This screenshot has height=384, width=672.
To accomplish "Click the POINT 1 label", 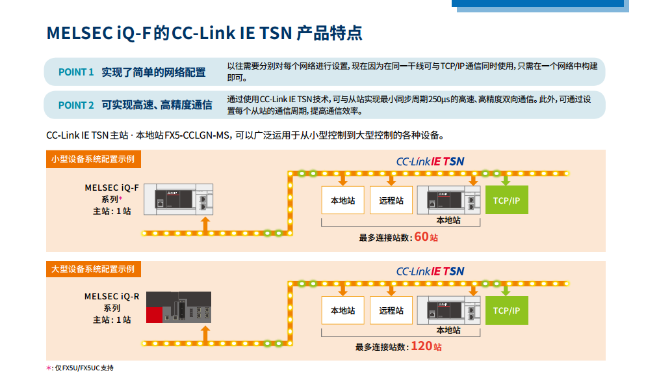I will (x=76, y=72).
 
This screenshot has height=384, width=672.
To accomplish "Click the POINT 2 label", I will (x=76, y=105).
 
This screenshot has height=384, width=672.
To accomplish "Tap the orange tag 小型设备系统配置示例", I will (x=93, y=159).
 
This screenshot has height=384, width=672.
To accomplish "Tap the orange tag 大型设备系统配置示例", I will (x=93, y=269).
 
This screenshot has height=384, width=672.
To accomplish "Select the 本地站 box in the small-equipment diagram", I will (x=342, y=200).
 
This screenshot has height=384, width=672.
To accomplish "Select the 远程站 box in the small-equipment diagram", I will (x=391, y=200).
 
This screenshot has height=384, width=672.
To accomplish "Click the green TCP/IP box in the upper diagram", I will (x=506, y=200).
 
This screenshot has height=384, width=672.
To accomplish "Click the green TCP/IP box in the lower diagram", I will (x=506, y=310).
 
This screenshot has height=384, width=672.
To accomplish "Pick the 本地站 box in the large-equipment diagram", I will (x=342, y=310).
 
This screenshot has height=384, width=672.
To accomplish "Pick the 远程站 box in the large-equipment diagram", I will (x=391, y=310).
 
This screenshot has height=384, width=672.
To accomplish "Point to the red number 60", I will (x=421, y=236).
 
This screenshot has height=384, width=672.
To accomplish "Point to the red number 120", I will (x=421, y=346).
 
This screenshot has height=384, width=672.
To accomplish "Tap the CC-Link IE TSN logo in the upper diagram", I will (x=430, y=161).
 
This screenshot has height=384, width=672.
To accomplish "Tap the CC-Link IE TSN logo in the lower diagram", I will (x=430, y=271).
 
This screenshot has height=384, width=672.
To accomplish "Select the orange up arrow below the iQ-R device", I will (x=205, y=335).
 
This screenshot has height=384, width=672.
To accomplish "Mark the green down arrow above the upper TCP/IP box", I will (x=506, y=179).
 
